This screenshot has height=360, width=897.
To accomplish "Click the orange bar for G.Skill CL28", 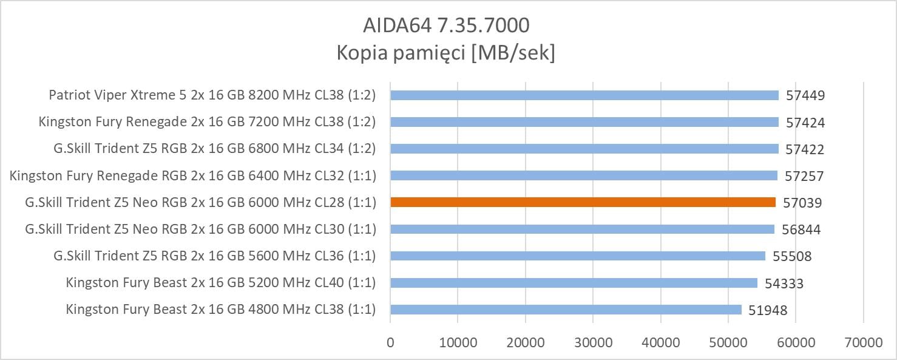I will [583, 202].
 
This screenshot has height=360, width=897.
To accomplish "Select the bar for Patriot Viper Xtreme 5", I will [584, 95].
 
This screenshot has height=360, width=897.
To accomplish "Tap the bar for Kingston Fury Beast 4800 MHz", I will [566, 310].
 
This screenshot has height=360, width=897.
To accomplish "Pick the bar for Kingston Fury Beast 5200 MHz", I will [574, 283].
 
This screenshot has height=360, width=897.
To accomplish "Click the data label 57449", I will [805, 96].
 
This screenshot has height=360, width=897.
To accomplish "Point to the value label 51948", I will [768, 310].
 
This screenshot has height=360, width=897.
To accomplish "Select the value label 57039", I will [802, 203].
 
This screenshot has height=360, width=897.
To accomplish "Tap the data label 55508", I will [792, 256].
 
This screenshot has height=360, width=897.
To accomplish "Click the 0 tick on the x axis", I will [390, 342].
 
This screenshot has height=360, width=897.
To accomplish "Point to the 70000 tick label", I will [863, 342].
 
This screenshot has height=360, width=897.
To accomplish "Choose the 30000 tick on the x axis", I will [593, 342].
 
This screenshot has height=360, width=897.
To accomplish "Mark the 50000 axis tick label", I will [728, 342].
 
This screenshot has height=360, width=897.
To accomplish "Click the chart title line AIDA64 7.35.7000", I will [445, 25].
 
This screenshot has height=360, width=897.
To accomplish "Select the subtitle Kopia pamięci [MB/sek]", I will [445, 53].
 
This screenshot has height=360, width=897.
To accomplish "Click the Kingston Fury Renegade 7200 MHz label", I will [207, 122].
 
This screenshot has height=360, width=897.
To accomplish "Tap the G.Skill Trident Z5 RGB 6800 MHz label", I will [215, 149].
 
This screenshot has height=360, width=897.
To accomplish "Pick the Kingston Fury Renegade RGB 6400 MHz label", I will [193, 175].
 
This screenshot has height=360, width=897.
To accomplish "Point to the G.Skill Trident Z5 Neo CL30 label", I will [200, 229].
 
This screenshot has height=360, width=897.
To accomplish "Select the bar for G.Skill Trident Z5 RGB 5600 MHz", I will [578, 256].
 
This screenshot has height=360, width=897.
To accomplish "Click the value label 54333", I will [784, 283].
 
